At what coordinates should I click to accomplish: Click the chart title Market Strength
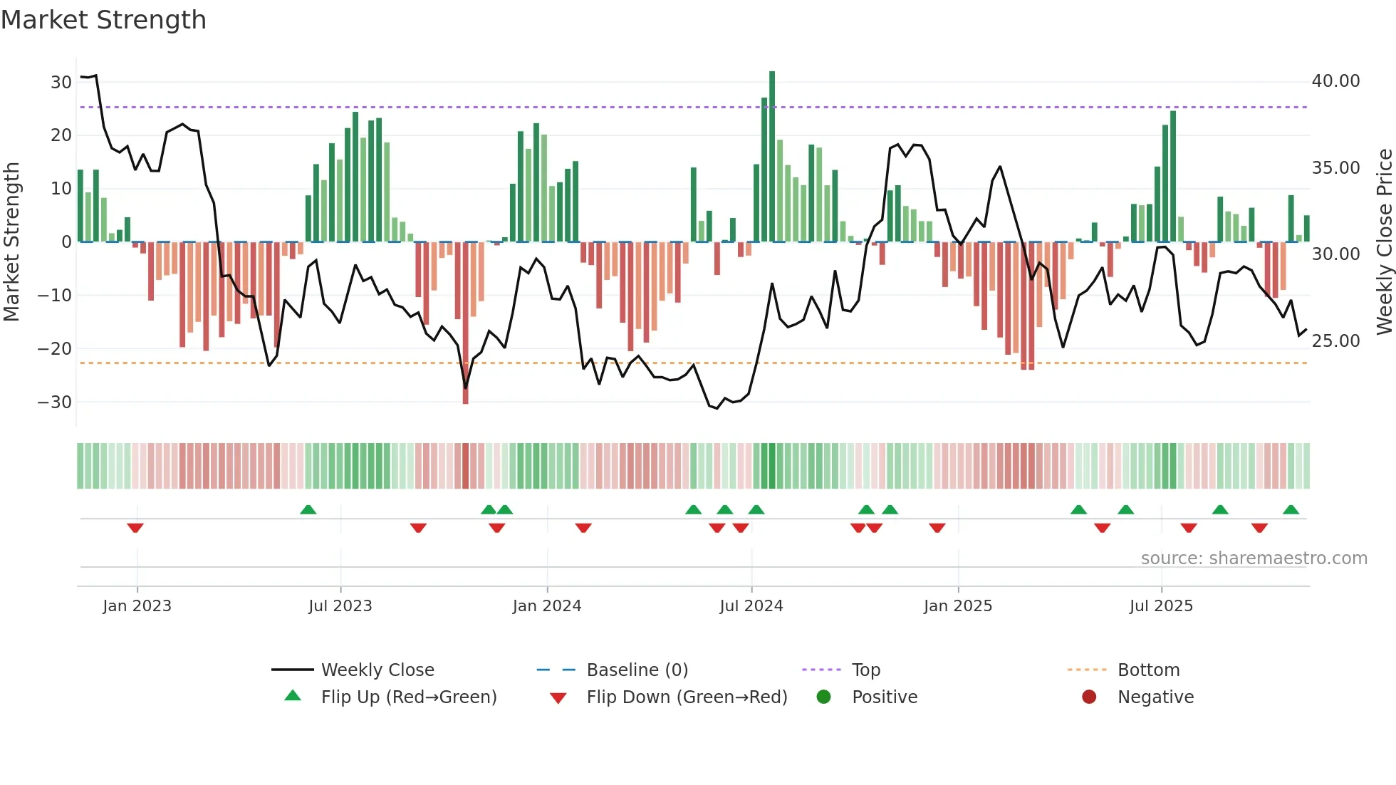click(103, 20)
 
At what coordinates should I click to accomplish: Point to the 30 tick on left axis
click(61, 82)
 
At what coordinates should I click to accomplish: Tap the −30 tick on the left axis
click(56, 402)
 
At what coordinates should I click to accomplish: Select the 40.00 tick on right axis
click(1335, 81)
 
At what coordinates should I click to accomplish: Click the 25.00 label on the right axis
click(1335, 341)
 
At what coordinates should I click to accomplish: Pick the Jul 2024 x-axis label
click(751, 606)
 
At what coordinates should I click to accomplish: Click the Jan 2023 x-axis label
click(137, 606)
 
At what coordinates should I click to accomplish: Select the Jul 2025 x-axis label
click(1161, 606)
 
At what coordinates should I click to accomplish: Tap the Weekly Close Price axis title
click(1384, 242)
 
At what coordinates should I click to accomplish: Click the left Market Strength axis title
click(11, 242)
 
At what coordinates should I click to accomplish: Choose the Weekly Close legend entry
click(377, 670)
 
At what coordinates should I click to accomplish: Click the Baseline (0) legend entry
click(637, 670)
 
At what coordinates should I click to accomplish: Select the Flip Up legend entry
click(408, 697)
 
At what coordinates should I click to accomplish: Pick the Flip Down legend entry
click(687, 697)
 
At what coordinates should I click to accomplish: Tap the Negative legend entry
click(1155, 697)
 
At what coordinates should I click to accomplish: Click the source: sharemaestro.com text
click(1254, 558)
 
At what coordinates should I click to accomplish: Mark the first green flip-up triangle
click(308, 510)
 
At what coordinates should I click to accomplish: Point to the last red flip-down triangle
click(1259, 528)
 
